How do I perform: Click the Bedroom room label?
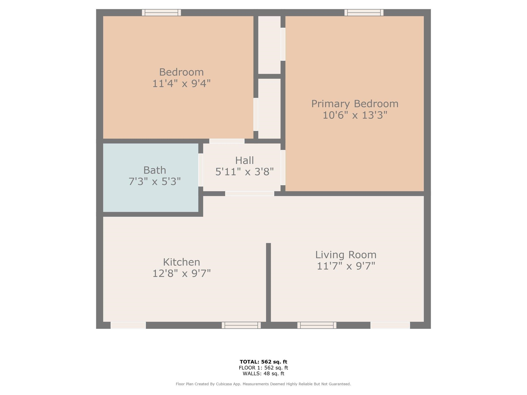pyautogui.click(x=181, y=72)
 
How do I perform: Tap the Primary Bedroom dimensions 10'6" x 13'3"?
pyautogui.click(x=355, y=115)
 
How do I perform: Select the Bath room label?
pyautogui.click(x=154, y=170)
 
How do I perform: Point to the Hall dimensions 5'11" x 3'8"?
pyautogui.click(x=244, y=172)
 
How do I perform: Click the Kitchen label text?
pyautogui.click(x=181, y=262)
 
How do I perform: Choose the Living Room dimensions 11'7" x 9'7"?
pyautogui.click(x=346, y=266)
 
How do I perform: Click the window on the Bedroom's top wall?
pyautogui.click(x=161, y=13)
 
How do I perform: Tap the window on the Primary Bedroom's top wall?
pyautogui.click(x=364, y=13)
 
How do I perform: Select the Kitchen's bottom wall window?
pyautogui.click(x=241, y=325)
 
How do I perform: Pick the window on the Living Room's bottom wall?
pyautogui.click(x=317, y=325)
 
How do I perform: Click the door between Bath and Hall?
pyautogui.click(x=201, y=170)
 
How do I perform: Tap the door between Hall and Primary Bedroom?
pyautogui.click(x=283, y=167)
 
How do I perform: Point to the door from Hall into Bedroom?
pyautogui.click(x=227, y=141)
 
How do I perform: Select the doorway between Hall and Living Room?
pyautogui.click(x=250, y=194)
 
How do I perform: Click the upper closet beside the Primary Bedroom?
pyautogui.click(x=269, y=45)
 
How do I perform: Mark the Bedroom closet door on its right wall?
pyautogui.click(x=256, y=114)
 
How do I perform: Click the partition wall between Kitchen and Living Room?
pyautogui.click(x=268, y=283)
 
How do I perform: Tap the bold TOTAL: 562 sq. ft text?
pyautogui.click(x=263, y=362)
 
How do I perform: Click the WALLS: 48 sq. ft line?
pyautogui.click(x=263, y=374)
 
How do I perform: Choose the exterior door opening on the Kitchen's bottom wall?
pyautogui.click(x=128, y=325)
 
